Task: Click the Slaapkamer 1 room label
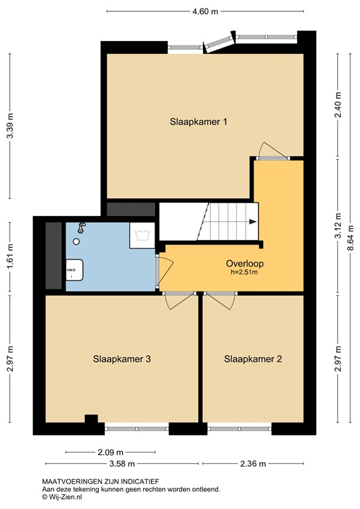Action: point(199,121)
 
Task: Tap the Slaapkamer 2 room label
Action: point(253,359)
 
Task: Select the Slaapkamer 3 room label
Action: point(123,359)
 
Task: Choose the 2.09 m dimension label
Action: point(107,452)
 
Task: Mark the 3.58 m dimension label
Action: point(122,464)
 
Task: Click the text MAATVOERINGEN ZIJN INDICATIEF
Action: point(100,481)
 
